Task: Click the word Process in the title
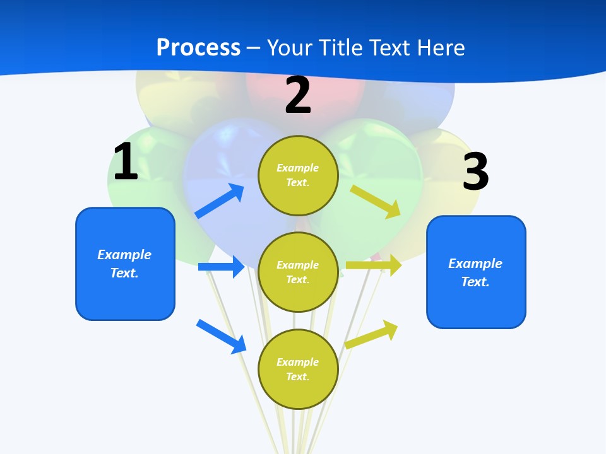(x=198, y=48)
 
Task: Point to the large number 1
(x=126, y=162)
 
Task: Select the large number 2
(x=298, y=96)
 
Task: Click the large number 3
(x=475, y=172)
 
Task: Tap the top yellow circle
(x=298, y=175)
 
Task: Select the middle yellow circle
(x=298, y=272)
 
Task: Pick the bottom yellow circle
(x=298, y=369)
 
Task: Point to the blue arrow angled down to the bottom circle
(x=222, y=336)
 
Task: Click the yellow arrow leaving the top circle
(x=376, y=201)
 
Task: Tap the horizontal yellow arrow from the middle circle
(x=373, y=265)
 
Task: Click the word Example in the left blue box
(x=124, y=255)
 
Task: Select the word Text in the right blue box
(x=475, y=282)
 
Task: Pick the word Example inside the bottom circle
(x=298, y=362)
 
